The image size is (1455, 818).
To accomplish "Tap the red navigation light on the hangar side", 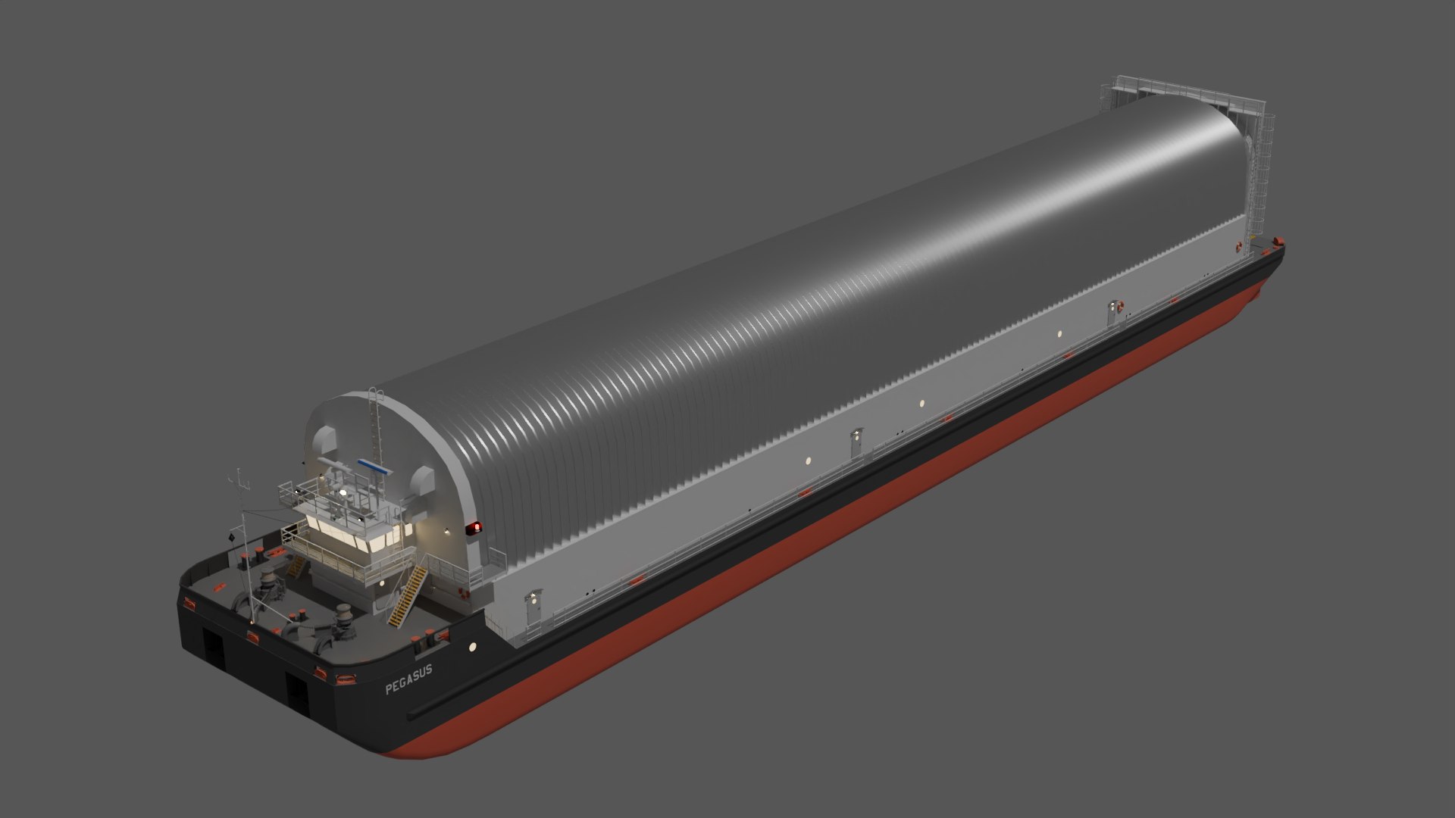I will click(x=476, y=526).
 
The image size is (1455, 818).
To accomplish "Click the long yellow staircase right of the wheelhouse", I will click(x=407, y=586).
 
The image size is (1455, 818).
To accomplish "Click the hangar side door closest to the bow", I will click(x=1114, y=310).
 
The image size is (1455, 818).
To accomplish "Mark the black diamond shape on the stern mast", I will click(x=230, y=537).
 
